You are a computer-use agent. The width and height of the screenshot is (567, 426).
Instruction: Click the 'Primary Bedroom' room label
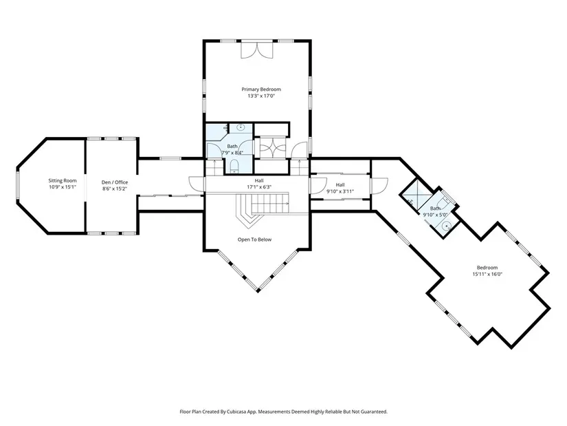(x=261, y=89)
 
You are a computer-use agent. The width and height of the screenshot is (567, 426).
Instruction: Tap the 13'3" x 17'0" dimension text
(x=261, y=96)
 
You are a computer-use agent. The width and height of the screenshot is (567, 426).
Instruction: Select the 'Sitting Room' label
(x=63, y=180)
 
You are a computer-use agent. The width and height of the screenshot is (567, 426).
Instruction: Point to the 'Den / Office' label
(x=115, y=182)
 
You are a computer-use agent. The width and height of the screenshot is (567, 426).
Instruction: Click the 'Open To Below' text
(x=254, y=239)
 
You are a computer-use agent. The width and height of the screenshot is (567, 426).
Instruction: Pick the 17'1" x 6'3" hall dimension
(x=259, y=187)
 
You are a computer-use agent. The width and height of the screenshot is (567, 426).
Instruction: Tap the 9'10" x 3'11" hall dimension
(x=340, y=191)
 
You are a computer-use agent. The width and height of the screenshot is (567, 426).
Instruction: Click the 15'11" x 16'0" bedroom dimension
(x=487, y=274)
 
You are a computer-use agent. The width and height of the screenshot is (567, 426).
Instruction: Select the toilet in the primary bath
(x=234, y=167)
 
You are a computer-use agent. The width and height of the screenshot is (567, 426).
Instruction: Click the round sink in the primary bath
(x=241, y=127)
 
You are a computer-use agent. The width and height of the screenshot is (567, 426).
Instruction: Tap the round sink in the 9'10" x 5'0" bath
(x=447, y=226)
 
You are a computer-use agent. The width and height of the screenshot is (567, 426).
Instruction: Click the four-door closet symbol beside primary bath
(x=270, y=149)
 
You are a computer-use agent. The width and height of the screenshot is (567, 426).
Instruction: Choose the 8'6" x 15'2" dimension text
(x=115, y=189)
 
